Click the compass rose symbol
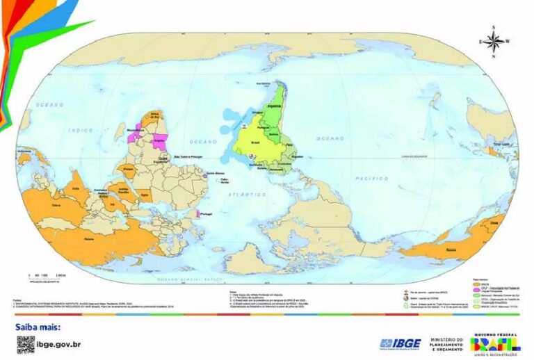pyautogui.click(x=493, y=41)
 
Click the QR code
pyautogui.click(x=26, y=343)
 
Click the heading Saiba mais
pyautogui.click(x=38, y=326)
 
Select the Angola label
pyautogui.click(x=168, y=140)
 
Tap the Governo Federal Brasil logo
pyautogui.click(x=496, y=343)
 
